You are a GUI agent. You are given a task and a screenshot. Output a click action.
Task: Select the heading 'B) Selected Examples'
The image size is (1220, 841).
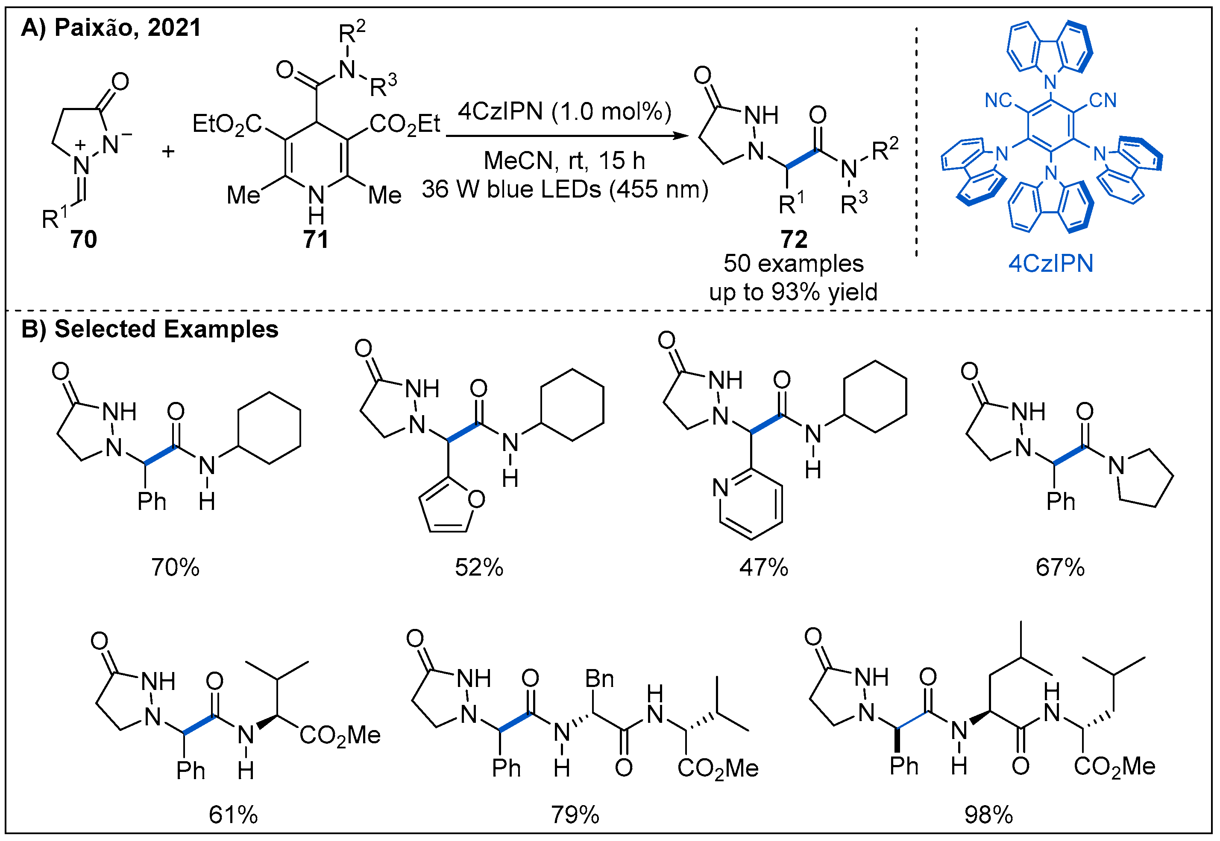click(x=150, y=329)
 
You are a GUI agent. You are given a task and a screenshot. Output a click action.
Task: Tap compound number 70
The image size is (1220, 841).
click(x=83, y=240)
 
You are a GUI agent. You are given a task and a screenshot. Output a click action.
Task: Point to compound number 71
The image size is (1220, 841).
click(x=315, y=240)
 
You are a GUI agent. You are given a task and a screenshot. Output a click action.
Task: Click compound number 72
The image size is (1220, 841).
click(x=794, y=240)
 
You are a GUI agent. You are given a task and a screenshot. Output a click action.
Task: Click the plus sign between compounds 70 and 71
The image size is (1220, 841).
click(x=168, y=152)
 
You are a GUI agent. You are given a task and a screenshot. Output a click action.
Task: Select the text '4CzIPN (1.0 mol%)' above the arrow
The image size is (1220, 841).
click(x=564, y=112)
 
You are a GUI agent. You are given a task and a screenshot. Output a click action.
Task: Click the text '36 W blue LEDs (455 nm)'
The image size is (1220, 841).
click(x=564, y=189)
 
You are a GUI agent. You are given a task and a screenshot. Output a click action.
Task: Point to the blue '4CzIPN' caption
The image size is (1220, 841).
click(x=1051, y=263)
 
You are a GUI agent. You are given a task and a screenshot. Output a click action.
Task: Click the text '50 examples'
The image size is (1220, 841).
click(x=793, y=263)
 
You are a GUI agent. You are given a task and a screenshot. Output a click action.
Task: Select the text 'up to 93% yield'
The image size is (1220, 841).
click(x=793, y=292)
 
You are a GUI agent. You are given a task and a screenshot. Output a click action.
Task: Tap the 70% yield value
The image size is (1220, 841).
click(x=175, y=568)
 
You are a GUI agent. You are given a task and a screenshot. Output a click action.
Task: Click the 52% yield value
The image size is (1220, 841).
click(x=479, y=568)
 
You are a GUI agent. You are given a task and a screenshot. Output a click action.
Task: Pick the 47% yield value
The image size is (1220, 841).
click(x=763, y=568)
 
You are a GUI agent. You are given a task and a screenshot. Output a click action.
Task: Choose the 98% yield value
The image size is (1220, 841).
click(x=988, y=815)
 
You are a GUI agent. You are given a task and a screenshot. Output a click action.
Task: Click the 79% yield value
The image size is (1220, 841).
click(x=575, y=815)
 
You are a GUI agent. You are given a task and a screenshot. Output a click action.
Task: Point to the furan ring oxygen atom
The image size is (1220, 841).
click(x=476, y=499)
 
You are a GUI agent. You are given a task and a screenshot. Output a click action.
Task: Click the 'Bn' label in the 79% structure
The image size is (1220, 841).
click(x=600, y=679)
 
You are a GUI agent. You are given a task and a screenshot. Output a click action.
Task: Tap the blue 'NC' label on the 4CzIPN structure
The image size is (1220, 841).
click(x=997, y=100)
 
